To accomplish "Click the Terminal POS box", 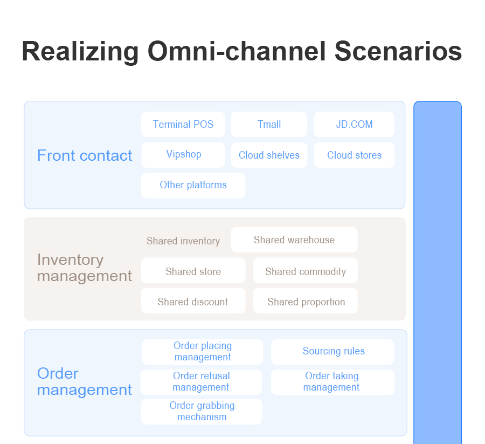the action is (183, 124).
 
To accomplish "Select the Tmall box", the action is (269, 124).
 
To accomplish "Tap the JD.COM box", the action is (354, 124).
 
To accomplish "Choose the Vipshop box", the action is (183, 155).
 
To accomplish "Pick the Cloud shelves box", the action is (269, 155).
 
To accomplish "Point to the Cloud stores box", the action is (354, 155).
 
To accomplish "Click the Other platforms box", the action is (193, 186).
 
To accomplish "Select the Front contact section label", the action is (85, 155).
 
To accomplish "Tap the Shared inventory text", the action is (183, 241).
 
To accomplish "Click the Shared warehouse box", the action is (294, 240).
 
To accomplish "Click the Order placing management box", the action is (202, 352).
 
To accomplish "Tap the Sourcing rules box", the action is (333, 352).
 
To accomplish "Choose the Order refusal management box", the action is (202, 382).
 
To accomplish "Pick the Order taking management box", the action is (333, 382).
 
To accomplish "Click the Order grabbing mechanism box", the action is (202, 412).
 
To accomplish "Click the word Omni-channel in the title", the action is (237, 51).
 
